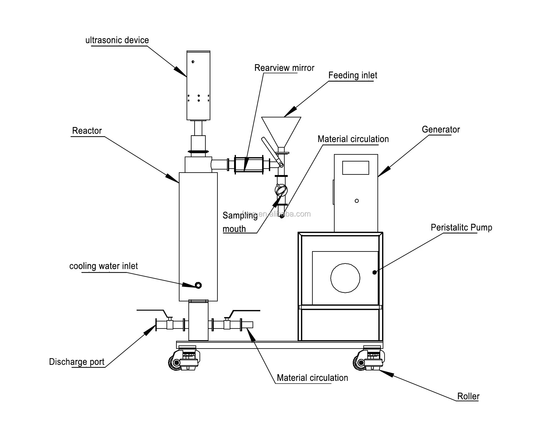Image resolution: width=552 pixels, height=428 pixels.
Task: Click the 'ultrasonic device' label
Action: click(117, 40)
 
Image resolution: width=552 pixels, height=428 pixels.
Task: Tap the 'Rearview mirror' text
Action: click(284, 68)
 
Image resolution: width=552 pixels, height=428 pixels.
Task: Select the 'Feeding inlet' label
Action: click(352, 75)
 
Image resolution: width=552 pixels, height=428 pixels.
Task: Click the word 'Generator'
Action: click(440, 130)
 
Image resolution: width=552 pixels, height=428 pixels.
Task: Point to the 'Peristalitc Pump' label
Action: click(461, 228)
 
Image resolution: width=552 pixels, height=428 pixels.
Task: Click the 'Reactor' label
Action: click(87, 131)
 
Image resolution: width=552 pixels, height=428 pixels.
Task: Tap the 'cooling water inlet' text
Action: click(103, 266)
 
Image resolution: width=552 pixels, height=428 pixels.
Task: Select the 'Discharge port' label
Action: click(76, 362)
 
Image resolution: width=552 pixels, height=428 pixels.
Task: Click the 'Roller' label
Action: click(468, 397)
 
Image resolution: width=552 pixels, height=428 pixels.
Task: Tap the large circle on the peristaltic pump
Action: click(345, 278)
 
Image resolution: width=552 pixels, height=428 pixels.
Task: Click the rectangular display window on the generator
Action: click(356, 168)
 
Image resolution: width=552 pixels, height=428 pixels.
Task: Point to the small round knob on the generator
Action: click(357, 201)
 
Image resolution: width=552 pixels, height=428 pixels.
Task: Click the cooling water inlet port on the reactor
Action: click(199, 285)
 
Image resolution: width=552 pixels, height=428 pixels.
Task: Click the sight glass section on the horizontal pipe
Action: click(248, 165)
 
